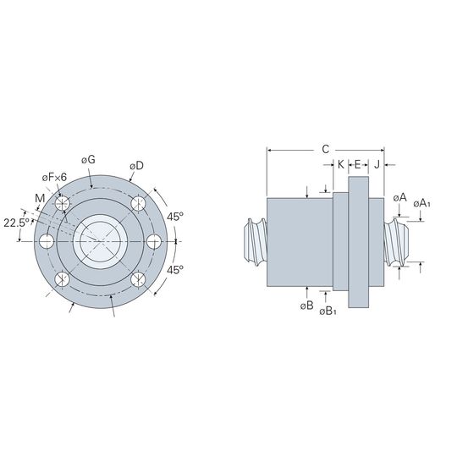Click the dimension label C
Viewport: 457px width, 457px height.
tap(326, 149)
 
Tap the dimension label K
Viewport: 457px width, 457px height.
tap(341, 165)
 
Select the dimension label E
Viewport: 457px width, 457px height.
tap(358, 165)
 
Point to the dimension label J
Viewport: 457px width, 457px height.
tap(377, 165)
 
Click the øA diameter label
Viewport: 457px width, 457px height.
tap(399, 198)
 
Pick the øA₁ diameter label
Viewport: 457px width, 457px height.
tap(421, 204)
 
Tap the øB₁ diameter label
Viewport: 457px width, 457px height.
tap(328, 311)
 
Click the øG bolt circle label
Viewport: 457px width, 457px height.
tap(88, 159)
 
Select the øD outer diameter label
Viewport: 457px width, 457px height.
tap(137, 166)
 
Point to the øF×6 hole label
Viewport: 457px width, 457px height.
tap(54, 177)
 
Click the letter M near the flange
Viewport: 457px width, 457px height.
tap(40, 199)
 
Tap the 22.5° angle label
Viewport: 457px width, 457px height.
tap(16, 223)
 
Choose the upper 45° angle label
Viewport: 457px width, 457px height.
tap(175, 217)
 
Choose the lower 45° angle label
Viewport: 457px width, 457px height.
tap(175, 270)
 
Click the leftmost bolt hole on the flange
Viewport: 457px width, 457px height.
tap(47, 241)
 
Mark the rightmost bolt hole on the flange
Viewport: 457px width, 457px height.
tap(154, 241)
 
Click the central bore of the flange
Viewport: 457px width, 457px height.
tap(100, 241)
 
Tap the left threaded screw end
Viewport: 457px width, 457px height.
tap(256, 243)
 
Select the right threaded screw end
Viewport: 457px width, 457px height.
tap(396, 243)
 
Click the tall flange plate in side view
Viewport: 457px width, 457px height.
tap(359, 242)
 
